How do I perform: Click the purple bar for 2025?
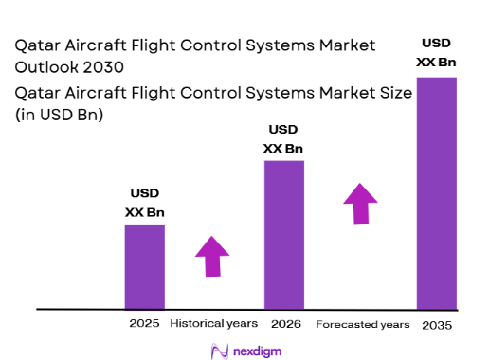(144, 266)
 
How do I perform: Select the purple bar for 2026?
(283, 234)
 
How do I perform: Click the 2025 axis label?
(144, 324)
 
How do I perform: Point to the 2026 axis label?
(285, 324)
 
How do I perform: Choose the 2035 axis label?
(437, 325)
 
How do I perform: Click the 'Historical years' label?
(213, 324)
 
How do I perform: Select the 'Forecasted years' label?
(362, 324)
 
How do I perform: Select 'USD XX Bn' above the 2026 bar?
(283, 139)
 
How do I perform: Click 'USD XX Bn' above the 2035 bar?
(437, 54)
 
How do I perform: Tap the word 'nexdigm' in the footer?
(257, 351)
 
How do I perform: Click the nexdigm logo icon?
(219, 351)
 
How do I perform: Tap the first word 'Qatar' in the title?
(37, 45)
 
